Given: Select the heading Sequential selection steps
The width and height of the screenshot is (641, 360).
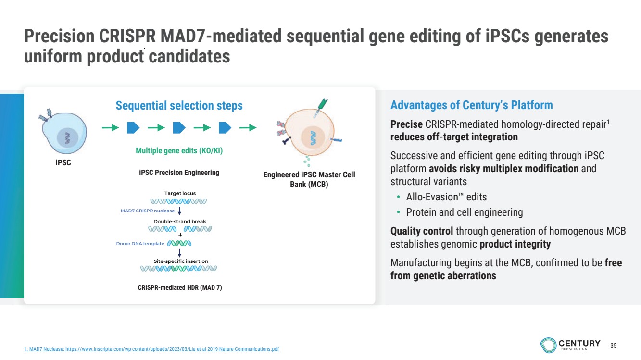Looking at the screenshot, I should coord(179,105).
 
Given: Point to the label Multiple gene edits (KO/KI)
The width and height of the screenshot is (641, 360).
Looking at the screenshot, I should coord(179,150).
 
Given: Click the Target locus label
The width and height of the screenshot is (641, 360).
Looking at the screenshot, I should coord(180,193).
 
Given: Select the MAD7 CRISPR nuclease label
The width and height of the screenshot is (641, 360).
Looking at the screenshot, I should coord(148,211).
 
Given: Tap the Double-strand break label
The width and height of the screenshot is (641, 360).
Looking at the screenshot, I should coord(179,221).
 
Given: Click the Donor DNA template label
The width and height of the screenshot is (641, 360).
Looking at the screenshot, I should coord(140,243).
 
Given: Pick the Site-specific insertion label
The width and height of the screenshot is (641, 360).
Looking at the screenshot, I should coord(180,261).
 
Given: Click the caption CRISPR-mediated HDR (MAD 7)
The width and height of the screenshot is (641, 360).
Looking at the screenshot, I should coord(179,287).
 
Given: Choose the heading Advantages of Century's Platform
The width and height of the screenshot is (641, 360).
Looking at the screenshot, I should coord(471,105).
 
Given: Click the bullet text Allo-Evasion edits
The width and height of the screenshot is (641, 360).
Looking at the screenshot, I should coord(446,197).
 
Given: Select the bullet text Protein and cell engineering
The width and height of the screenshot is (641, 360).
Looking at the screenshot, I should coord(464,212).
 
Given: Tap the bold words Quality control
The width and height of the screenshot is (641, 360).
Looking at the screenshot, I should coord(421,231).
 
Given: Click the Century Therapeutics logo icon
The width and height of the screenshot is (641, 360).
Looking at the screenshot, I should coord(548,345).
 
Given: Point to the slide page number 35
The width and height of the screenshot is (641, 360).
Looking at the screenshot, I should coord(613,345).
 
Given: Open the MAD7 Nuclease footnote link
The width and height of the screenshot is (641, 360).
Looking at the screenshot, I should coord(151,349).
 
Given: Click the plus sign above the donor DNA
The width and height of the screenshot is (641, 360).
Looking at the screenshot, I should coord(180,235).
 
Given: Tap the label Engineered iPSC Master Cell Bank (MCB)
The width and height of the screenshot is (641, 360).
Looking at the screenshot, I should coord(309,179).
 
